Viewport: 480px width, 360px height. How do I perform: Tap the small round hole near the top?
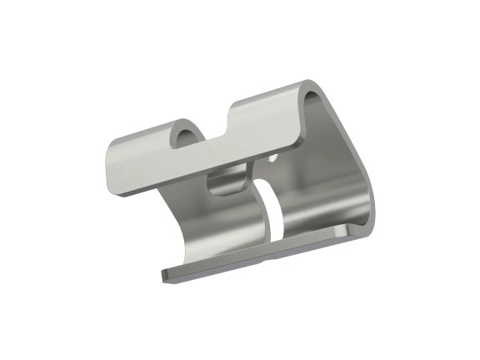click(274, 156)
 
